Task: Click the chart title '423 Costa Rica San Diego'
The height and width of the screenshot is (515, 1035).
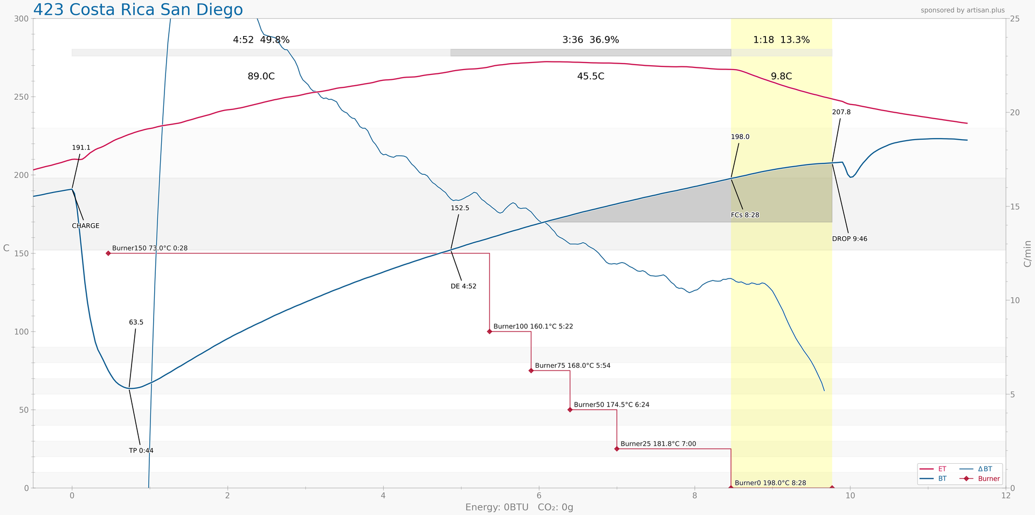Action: [138, 10]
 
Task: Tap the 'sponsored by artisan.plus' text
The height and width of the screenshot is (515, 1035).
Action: [962, 10]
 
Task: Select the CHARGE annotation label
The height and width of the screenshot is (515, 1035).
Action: [86, 226]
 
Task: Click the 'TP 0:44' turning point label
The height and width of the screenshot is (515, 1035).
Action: [141, 451]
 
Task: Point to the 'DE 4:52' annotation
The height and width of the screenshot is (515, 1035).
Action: [464, 286]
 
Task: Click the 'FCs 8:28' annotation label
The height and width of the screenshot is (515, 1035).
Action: [745, 215]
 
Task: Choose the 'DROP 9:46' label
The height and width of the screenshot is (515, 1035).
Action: [850, 239]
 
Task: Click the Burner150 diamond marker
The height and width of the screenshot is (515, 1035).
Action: [108, 253]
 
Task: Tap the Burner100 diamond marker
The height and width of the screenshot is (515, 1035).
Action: [489, 331]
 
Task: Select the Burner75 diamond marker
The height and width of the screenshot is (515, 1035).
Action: [531, 370]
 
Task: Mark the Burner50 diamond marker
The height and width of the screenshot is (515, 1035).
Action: [570, 410]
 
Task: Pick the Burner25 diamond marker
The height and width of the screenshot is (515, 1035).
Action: [617, 449]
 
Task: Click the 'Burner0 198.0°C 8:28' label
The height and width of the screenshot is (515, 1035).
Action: [770, 483]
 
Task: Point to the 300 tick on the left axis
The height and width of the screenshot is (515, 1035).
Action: [21, 19]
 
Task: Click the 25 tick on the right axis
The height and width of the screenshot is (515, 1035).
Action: [1015, 19]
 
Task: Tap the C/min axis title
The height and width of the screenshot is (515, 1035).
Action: [1027, 253]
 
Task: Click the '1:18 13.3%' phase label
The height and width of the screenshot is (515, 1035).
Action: [781, 40]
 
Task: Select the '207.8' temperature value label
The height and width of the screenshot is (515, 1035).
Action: [841, 112]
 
